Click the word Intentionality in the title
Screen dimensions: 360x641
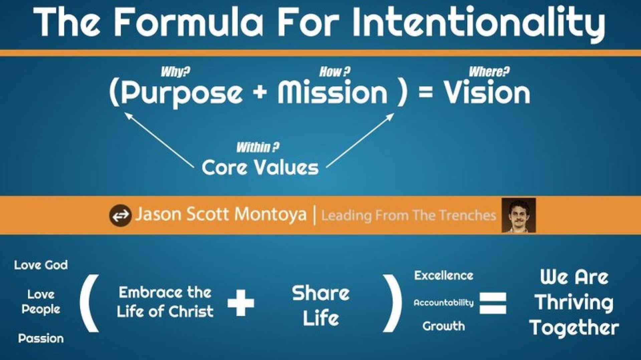(x=478, y=23)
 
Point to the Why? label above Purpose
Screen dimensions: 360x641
(x=175, y=72)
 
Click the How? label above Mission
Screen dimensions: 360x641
(x=335, y=72)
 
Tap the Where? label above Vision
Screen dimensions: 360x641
(x=489, y=72)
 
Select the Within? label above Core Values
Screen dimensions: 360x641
(x=258, y=147)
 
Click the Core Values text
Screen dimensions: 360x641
(x=260, y=167)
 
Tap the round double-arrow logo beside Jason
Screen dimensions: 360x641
(x=120, y=216)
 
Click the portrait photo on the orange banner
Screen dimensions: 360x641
(x=518, y=215)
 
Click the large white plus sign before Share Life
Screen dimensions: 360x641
(x=241, y=303)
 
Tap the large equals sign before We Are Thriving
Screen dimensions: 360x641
(x=493, y=303)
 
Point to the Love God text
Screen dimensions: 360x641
(x=41, y=265)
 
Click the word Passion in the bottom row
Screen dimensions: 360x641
(x=41, y=338)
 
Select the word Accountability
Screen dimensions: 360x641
(x=444, y=303)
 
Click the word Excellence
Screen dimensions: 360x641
(x=444, y=276)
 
